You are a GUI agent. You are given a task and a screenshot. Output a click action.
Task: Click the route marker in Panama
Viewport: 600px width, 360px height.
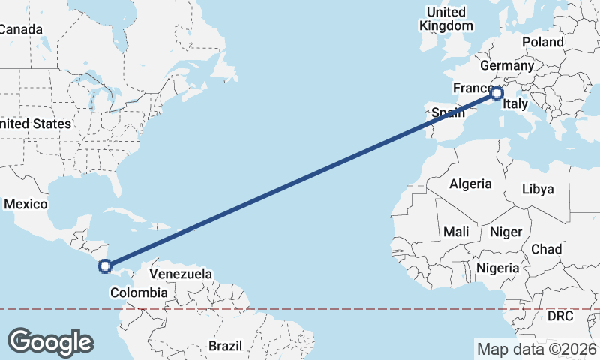tap(105, 265)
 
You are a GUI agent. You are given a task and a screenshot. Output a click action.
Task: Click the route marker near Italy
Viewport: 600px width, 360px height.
tap(496, 93)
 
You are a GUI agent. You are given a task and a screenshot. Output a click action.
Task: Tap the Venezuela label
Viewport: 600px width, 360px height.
tap(181, 274)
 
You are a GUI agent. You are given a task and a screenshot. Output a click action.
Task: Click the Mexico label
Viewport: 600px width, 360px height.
tap(26, 204)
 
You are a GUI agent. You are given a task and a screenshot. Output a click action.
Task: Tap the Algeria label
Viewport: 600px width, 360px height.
tap(470, 184)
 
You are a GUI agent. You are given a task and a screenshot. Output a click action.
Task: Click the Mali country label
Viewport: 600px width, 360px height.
tap(456, 232)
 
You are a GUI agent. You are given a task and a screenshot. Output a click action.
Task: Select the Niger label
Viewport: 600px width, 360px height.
tap(505, 232)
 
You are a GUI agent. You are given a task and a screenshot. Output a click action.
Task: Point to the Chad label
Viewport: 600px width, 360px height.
tap(546, 248)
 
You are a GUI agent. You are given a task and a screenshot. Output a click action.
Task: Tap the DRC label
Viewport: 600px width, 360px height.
tap(559, 316)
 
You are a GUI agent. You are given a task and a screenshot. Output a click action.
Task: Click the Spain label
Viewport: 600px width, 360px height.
tap(447, 114)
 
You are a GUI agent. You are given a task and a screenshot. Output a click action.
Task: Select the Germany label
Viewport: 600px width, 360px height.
tap(505, 65)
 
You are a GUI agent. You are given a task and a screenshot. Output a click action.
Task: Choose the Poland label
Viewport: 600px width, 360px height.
tap(543, 42)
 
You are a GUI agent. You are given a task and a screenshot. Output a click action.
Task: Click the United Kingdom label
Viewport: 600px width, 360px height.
tap(446, 19)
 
